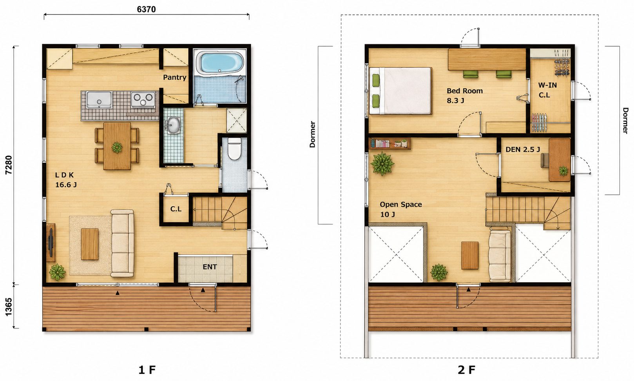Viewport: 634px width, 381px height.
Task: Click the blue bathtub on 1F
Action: [x=221, y=63]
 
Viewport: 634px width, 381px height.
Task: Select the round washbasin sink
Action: [x=173, y=125]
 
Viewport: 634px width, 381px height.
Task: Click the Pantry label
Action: [x=174, y=77]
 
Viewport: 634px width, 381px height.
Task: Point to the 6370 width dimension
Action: [x=146, y=9]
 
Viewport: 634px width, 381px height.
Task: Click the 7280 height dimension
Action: [x=9, y=165]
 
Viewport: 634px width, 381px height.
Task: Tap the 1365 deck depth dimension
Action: [x=9, y=307]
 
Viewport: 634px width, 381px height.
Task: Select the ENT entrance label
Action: [x=210, y=267]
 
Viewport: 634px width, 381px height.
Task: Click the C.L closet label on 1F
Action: [x=176, y=209]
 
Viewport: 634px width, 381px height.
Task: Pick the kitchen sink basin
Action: [x=99, y=100]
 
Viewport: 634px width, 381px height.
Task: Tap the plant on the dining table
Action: [x=117, y=147]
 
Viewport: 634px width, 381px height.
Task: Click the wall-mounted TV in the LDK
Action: [x=51, y=243]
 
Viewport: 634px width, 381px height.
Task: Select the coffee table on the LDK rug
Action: [x=90, y=244]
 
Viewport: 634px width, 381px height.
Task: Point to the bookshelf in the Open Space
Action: [x=390, y=143]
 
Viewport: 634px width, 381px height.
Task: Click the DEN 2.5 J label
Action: [x=523, y=149]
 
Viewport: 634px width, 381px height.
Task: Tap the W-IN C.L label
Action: [x=547, y=90]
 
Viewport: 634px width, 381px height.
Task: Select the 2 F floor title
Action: [x=466, y=370]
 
